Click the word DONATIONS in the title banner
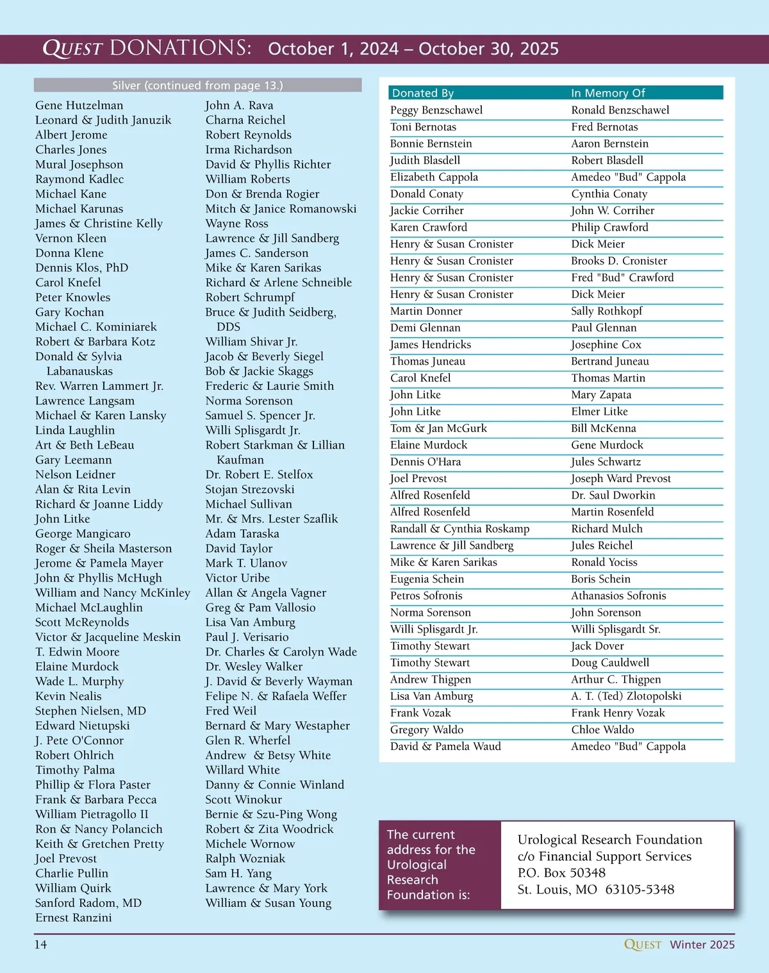[181, 48]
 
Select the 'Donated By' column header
[423, 93]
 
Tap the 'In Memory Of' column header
[608, 93]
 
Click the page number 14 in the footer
[40, 944]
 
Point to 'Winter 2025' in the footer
[702, 944]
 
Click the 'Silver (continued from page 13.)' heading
[197, 85]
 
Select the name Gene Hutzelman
[79, 105]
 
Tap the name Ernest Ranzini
[74, 917]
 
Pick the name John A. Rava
[239, 105]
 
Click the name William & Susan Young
[269, 902]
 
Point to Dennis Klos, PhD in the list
[82, 267]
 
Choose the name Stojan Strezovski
[250, 489]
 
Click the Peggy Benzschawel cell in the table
[436, 110]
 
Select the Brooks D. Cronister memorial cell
[619, 261]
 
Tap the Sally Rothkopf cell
[607, 311]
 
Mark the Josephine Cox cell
[606, 344]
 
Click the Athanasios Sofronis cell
[618, 595]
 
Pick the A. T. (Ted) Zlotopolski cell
[626, 696]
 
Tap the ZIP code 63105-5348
[640, 890]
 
